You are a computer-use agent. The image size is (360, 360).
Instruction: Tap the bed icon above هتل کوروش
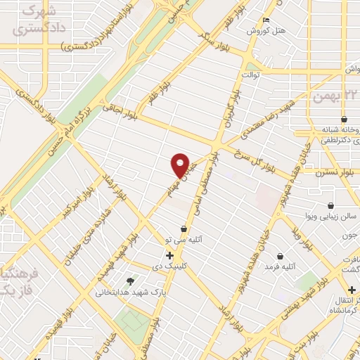265,20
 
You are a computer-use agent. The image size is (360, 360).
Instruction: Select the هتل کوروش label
264,32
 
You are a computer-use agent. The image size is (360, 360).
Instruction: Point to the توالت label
251,73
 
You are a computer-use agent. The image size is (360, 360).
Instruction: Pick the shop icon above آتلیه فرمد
281,255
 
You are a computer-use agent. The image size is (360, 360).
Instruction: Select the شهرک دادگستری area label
41,21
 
